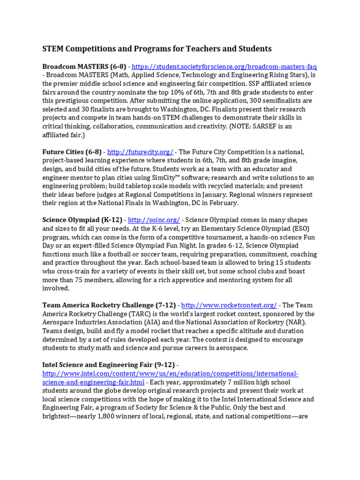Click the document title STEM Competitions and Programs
[x=157, y=49]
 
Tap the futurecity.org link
[x=140, y=152]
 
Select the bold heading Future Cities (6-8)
[x=72, y=152]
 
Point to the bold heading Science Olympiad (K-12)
[x=82, y=220]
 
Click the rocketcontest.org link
[x=229, y=305]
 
